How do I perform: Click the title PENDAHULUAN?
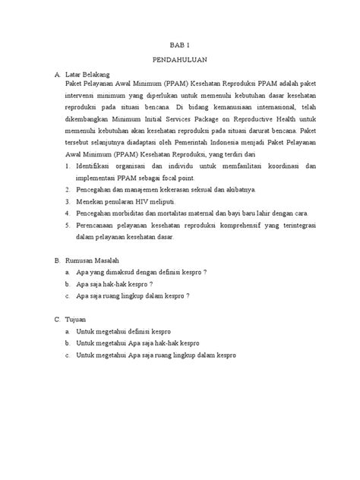[x=180, y=60]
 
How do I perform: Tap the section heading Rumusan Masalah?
[x=95, y=260]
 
